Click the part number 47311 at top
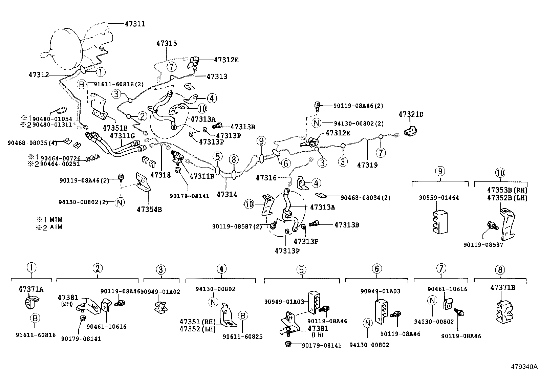coord(135,24)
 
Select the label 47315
coord(167,43)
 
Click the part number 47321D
coord(411,114)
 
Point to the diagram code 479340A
coord(524,367)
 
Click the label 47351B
coord(115,128)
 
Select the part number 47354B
coord(149,209)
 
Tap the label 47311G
coord(122,136)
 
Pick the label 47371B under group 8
coord(502,288)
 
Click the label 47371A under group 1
coord(31,289)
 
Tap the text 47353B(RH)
coord(507,190)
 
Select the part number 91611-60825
coord(242,336)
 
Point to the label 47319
coord(367,165)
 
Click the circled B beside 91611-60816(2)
coord(82,84)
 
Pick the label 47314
coord(227,194)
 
